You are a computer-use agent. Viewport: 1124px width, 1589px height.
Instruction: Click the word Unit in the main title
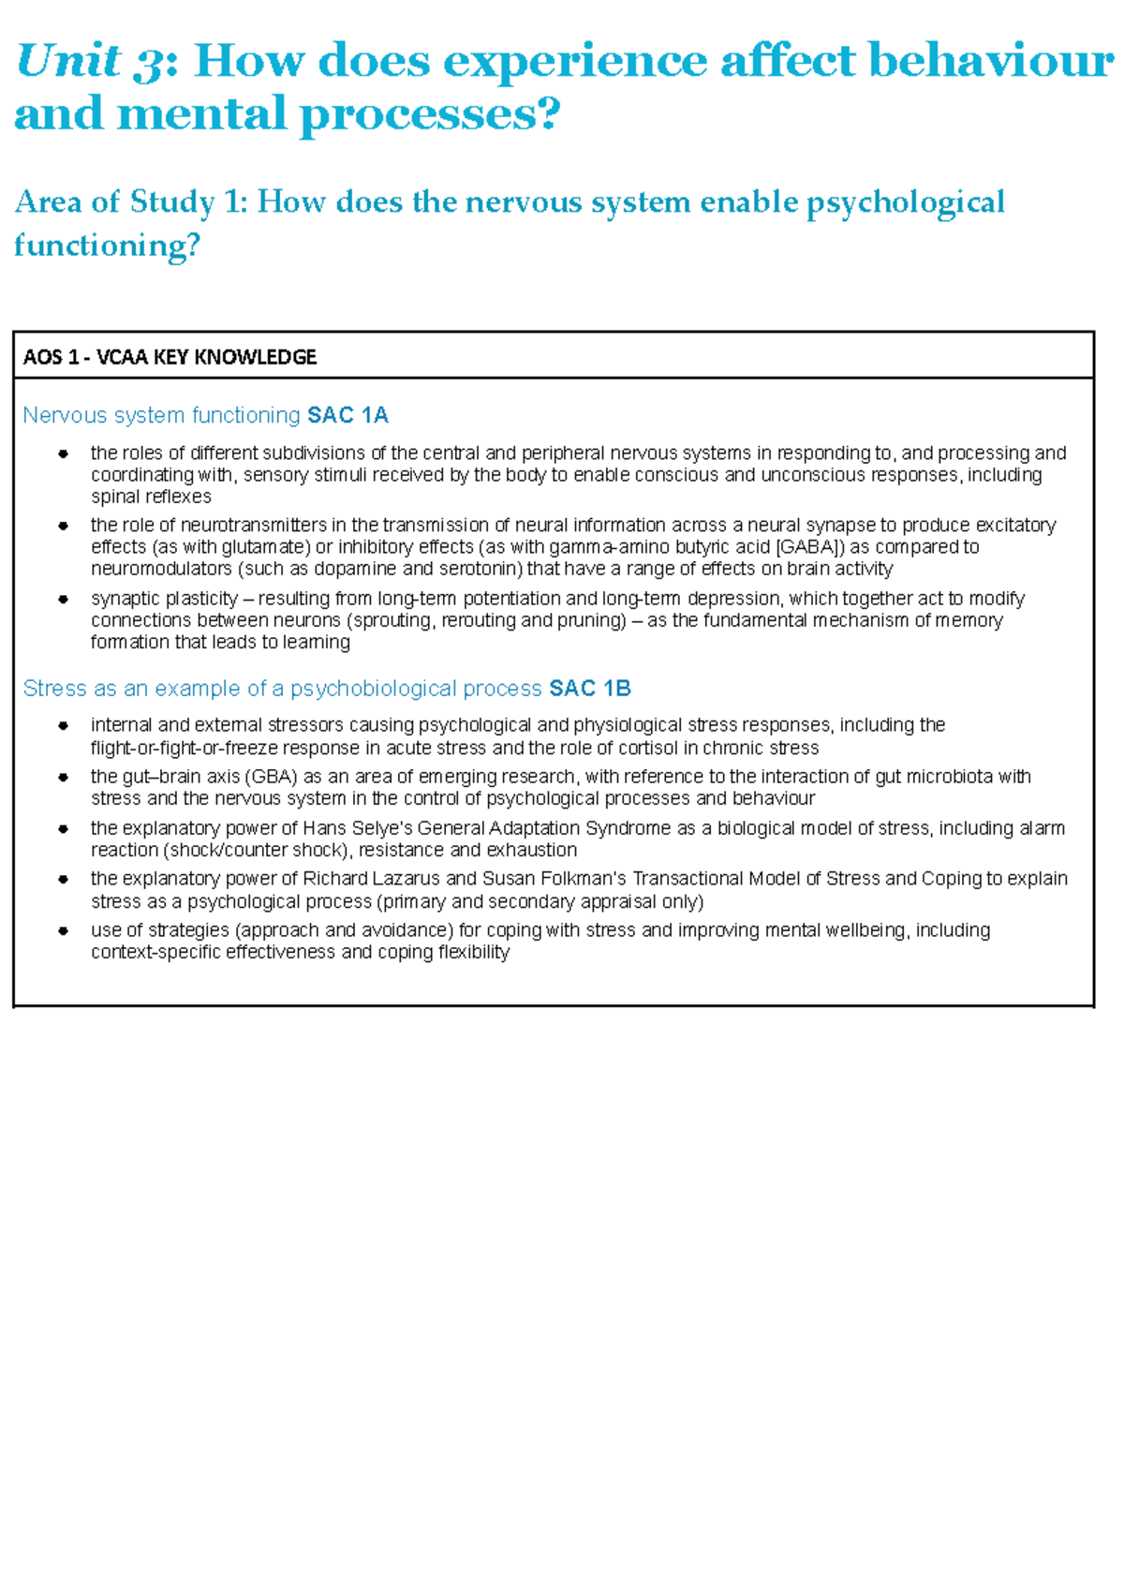click(68, 62)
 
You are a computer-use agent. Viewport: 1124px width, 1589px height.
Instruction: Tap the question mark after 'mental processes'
click(549, 115)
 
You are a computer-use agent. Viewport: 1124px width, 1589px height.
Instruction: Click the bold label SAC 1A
click(348, 415)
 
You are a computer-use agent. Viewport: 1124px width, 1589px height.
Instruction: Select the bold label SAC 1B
click(590, 689)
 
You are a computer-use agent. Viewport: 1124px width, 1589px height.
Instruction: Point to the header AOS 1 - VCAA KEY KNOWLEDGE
click(170, 357)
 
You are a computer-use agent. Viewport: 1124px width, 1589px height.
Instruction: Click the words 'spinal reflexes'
click(151, 497)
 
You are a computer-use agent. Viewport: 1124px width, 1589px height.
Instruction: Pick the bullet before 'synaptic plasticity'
click(64, 599)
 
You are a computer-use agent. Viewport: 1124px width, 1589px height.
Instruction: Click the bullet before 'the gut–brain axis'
click(64, 777)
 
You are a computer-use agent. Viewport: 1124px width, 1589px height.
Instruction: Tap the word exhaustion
click(530, 850)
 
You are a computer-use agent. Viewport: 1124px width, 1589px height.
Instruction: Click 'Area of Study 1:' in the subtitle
click(131, 202)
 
